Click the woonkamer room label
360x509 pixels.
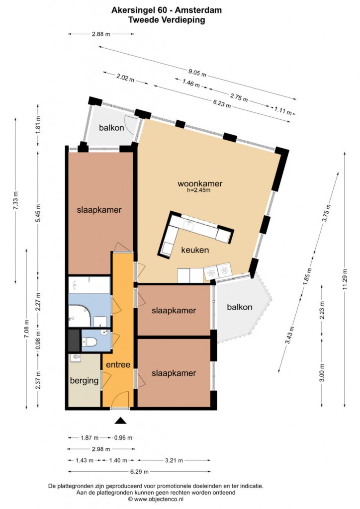point(199,183)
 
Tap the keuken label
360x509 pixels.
point(195,250)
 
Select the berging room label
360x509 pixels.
point(84,380)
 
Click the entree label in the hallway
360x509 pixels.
point(118,364)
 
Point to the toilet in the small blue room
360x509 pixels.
point(90,342)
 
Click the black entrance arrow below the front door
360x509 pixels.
point(120,421)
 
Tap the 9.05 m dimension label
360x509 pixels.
point(197,73)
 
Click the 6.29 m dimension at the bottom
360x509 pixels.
point(140,471)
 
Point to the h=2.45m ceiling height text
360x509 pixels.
point(199,190)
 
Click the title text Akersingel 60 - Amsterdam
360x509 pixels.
point(167,10)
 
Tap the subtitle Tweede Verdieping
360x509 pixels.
point(167,20)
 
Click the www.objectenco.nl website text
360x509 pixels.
point(159,499)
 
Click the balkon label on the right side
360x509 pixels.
point(240,307)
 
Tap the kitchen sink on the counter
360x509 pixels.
point(188,224)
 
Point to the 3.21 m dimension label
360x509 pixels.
point(174,460)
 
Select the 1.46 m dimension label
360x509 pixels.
point(191,83)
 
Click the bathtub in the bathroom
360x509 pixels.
point(90,285)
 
